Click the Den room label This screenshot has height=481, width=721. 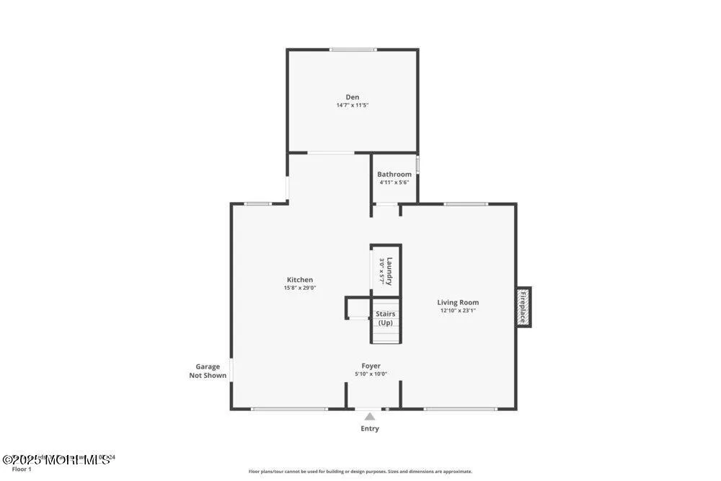pyautogui.click(x=352, y=97)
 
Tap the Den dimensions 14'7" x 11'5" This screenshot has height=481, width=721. pyautogui.click(x=352, y=105)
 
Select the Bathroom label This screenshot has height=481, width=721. pyautogui.click(x=394, y=175)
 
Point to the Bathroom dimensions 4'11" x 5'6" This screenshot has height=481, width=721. pyautogui.click(x=394, y=182)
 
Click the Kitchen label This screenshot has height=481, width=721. pyautogui.click(x=300, y=280)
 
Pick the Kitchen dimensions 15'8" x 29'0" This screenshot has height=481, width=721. pyautogui.click(x=300, y=288)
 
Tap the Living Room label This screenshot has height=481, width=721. pyautogui.click(x=458, y=303)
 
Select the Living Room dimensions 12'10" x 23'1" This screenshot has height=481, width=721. pyautogui.click(x=458, y=311)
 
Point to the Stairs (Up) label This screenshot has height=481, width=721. pyautogui.click(x=386, y=318)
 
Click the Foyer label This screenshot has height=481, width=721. pyautogui.click(x=371, y=366)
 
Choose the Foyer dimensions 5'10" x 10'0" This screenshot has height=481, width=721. pyautogui.click(x=371, y=374)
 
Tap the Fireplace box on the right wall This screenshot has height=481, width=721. pyautogui.click(x=523, y=307)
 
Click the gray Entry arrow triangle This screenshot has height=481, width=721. pyautogui.click(x=370, y=416)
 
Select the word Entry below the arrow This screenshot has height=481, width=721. pyautogui.click(x=370, y=428)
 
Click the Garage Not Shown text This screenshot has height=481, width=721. pyautogui.click(x=208, y=371)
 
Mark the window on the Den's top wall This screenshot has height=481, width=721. pyautogui.click(x=353, y=50)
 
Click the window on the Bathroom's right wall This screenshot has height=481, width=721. pyautogui.click(x=417, y=164)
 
